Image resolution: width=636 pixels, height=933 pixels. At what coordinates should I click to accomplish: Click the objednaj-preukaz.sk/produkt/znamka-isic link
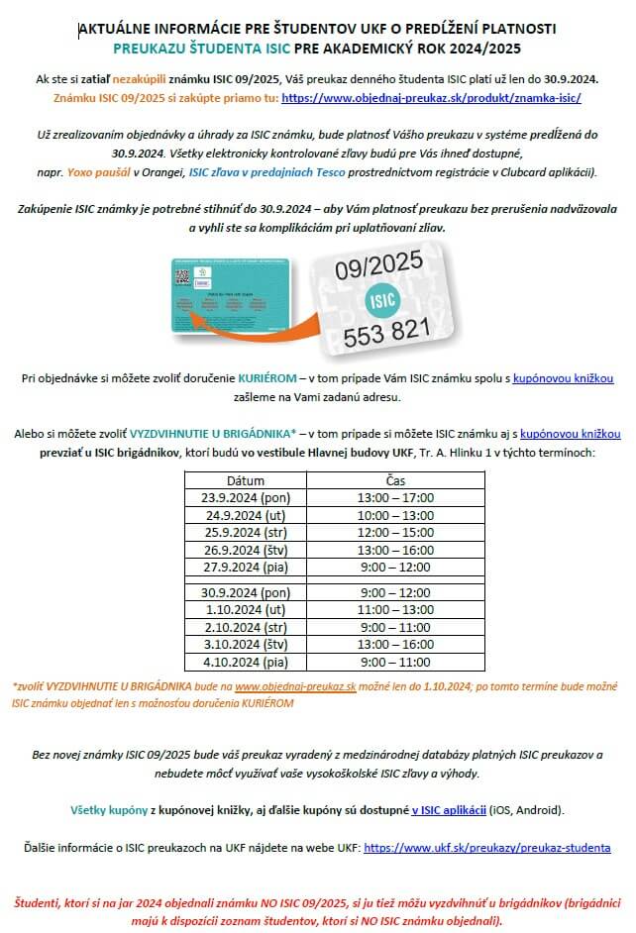pos(431,98)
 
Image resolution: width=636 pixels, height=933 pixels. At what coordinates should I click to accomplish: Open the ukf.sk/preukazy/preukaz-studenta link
pos(487,848)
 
